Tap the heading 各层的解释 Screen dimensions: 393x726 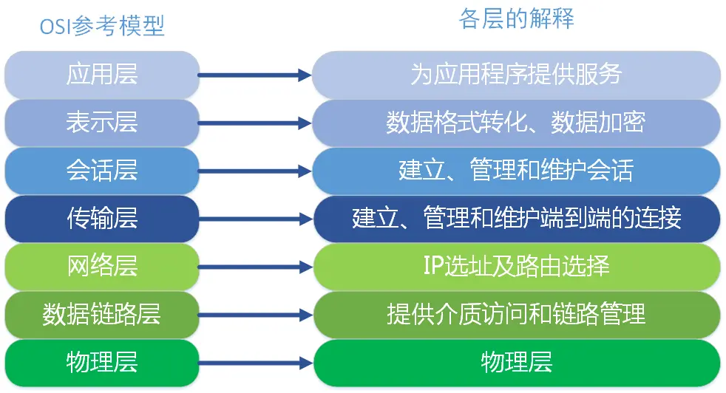pos(517,19)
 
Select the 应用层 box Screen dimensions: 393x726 pos(102,75)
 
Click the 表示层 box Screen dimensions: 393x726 pos(102,123)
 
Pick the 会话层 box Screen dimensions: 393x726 pos(102,171)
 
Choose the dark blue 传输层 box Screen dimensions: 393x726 pos(102,219)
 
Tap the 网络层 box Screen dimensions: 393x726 pos(102,267)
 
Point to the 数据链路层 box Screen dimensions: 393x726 pos(102,315)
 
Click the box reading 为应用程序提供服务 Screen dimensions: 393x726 pos(517,75)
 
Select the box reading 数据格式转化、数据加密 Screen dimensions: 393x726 pos(517,123)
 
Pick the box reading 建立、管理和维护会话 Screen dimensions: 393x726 pos(517,171)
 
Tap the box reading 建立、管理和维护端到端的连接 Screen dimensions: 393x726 pos(517,219)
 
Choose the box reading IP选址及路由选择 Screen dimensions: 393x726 pos(517,267)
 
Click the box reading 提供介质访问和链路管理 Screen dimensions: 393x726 pos(517,315)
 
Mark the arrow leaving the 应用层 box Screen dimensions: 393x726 pos(255,75)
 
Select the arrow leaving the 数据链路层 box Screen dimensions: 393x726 pos(255,315)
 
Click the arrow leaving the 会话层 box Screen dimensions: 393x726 pos(255,171)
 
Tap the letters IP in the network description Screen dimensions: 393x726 pos(433,267)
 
